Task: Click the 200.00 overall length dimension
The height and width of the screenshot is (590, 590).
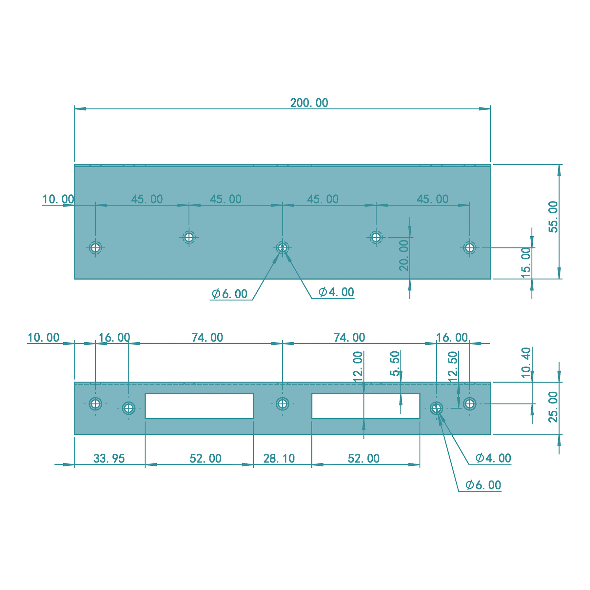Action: point(309,103)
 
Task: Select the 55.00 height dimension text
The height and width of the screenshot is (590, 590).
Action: point(553,217)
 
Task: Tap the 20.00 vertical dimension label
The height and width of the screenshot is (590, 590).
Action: point(404,255)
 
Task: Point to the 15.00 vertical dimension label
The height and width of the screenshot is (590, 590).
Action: point(526,263)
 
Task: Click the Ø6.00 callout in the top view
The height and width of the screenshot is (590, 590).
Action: point(230,294)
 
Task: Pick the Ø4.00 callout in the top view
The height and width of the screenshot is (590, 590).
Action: point(336,292)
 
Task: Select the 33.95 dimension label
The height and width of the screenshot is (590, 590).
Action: point(109,459)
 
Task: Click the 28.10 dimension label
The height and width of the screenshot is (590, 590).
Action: point(279,459)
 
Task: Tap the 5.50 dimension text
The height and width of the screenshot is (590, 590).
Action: point(395,363)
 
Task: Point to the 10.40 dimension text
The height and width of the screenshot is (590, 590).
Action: point(526,362)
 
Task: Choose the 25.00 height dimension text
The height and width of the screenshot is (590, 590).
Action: point(553,407)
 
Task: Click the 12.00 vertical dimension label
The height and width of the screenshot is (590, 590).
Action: point(358,366)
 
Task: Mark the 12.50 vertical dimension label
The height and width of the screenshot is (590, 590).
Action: point(452,366)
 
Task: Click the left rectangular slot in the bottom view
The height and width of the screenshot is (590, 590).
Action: point(199,406)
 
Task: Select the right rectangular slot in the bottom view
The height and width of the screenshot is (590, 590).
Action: point(365,406)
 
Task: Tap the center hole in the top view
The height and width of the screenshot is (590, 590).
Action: point(282,247)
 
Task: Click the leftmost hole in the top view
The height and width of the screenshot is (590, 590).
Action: point(95,247)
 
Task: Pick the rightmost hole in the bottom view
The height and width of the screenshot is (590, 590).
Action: point(469,403)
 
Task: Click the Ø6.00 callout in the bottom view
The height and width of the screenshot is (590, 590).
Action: point(483,485)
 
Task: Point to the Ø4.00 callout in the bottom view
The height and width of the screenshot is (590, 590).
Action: point(493,458)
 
